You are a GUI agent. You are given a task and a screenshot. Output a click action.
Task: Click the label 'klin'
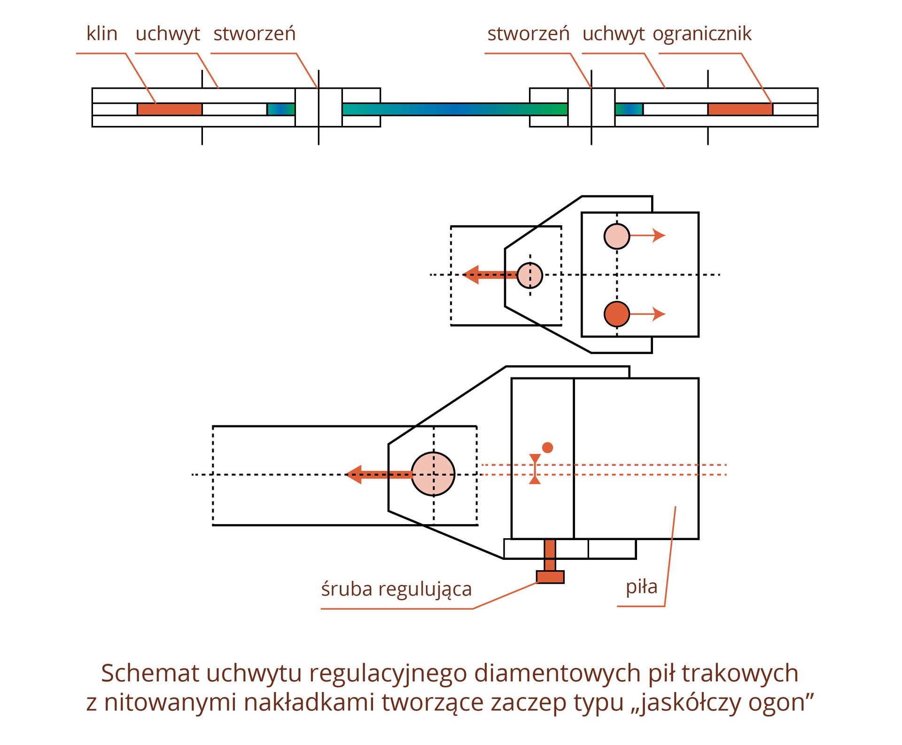coord(101,34)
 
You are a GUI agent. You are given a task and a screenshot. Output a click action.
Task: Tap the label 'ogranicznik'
coord(702,34)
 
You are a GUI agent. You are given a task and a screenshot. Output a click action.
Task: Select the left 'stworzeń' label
coord(254,34)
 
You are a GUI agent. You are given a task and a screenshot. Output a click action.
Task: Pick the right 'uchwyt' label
coord(613,34)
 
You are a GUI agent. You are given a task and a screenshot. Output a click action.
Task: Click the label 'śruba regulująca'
coord(396,589)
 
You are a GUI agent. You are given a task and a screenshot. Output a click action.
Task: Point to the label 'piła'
coord(641,587)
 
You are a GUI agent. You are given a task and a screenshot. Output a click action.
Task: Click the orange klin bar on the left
coord(170,110)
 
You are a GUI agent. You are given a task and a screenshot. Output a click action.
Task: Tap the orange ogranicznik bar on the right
coord(740,110)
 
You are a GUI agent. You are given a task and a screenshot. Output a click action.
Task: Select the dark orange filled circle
coord(616,314)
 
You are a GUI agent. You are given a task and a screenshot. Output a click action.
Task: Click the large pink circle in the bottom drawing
coord(433,474)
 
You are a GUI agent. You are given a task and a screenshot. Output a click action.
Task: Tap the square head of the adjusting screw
coord(550,577)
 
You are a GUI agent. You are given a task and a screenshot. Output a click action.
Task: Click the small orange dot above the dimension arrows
coord(547,447)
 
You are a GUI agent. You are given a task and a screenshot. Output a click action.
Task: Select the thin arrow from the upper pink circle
coord(648,235)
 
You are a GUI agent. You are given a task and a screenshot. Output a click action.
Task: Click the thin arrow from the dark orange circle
coord(648,314)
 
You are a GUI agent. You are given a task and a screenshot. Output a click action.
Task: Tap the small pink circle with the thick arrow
coord(529,275)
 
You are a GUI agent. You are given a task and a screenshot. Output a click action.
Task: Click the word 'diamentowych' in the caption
coord(558,673)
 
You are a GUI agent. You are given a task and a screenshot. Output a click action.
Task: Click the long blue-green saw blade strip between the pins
coord(455,110)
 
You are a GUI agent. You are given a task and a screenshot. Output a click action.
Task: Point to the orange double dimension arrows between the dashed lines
coord(535,469)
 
